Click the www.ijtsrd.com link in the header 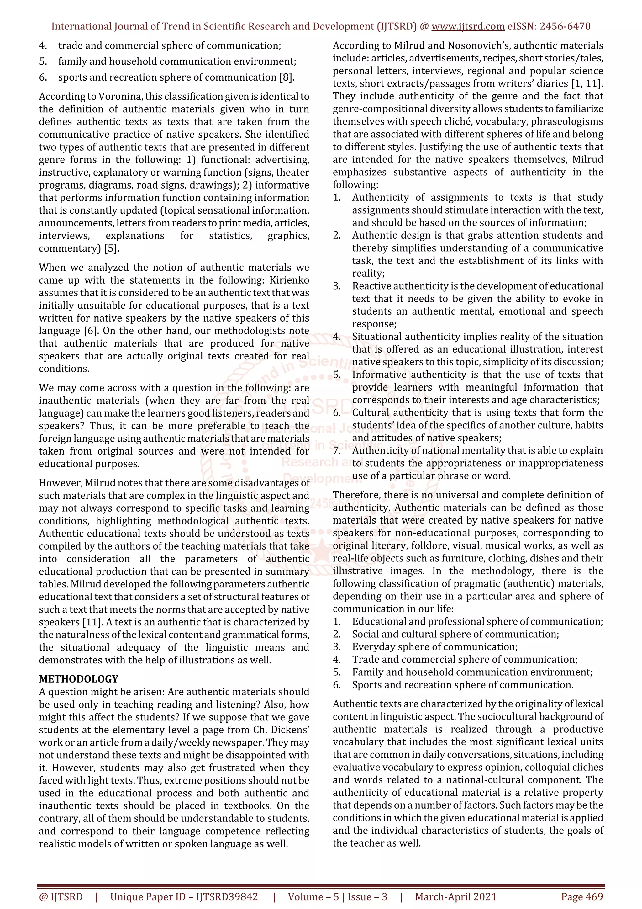468,27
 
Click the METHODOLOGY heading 78,679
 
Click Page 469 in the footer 582,897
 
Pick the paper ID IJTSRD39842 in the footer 227,897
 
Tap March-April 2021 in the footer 455,897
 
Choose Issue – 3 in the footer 367,897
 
